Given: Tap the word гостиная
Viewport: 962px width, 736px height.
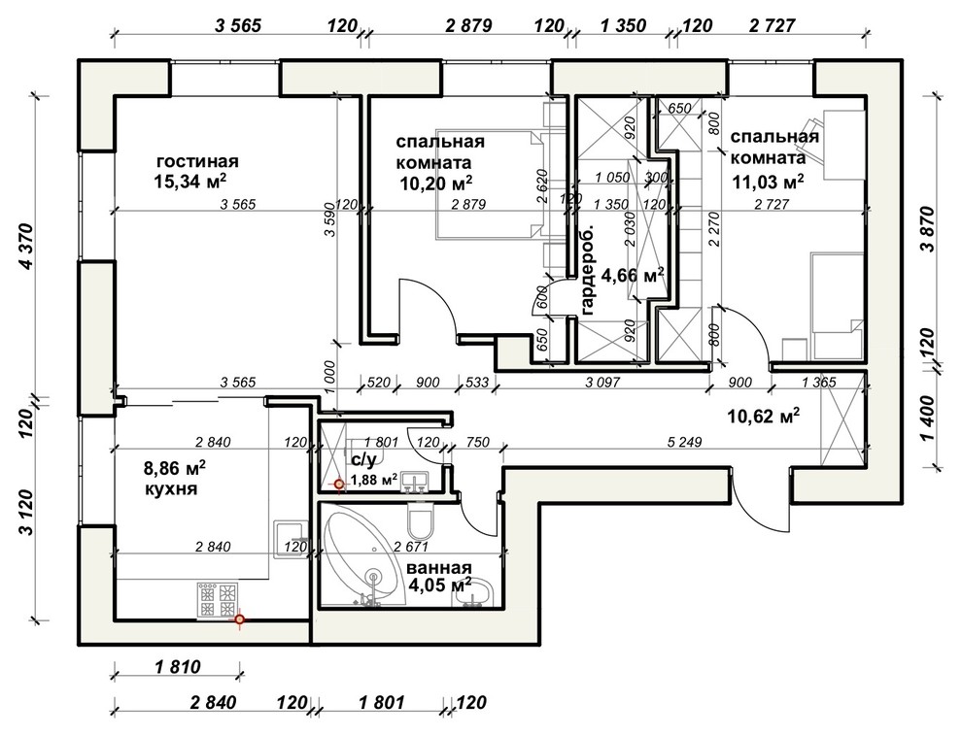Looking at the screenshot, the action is tap(197, 162).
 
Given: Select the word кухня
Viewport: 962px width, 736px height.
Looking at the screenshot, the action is tap(171, 489).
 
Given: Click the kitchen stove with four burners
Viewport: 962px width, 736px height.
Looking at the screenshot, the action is tap(217, 600).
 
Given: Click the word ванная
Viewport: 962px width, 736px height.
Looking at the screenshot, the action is tap(439, 567).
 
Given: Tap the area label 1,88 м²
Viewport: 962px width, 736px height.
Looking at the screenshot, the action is tap(373, 480).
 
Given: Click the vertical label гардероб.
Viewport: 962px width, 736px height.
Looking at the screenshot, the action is tap(587, 270).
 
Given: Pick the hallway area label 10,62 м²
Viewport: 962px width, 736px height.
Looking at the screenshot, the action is tap(764, 417).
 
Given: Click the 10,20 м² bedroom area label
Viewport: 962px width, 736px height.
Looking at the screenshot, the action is tap(436, 183).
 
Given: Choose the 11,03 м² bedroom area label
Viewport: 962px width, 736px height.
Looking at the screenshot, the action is tap(768, 182).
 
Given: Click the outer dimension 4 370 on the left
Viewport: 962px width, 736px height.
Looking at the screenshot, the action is tap(26, 247).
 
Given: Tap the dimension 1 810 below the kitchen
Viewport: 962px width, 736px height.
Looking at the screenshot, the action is tap(177, 666).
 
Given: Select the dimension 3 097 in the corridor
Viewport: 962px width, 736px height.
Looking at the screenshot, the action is tap(602, 383).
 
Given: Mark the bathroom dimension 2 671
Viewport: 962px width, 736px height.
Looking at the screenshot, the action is tap(410, 547).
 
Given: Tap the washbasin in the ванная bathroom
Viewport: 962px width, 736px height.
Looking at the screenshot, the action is tap(473, 592).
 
